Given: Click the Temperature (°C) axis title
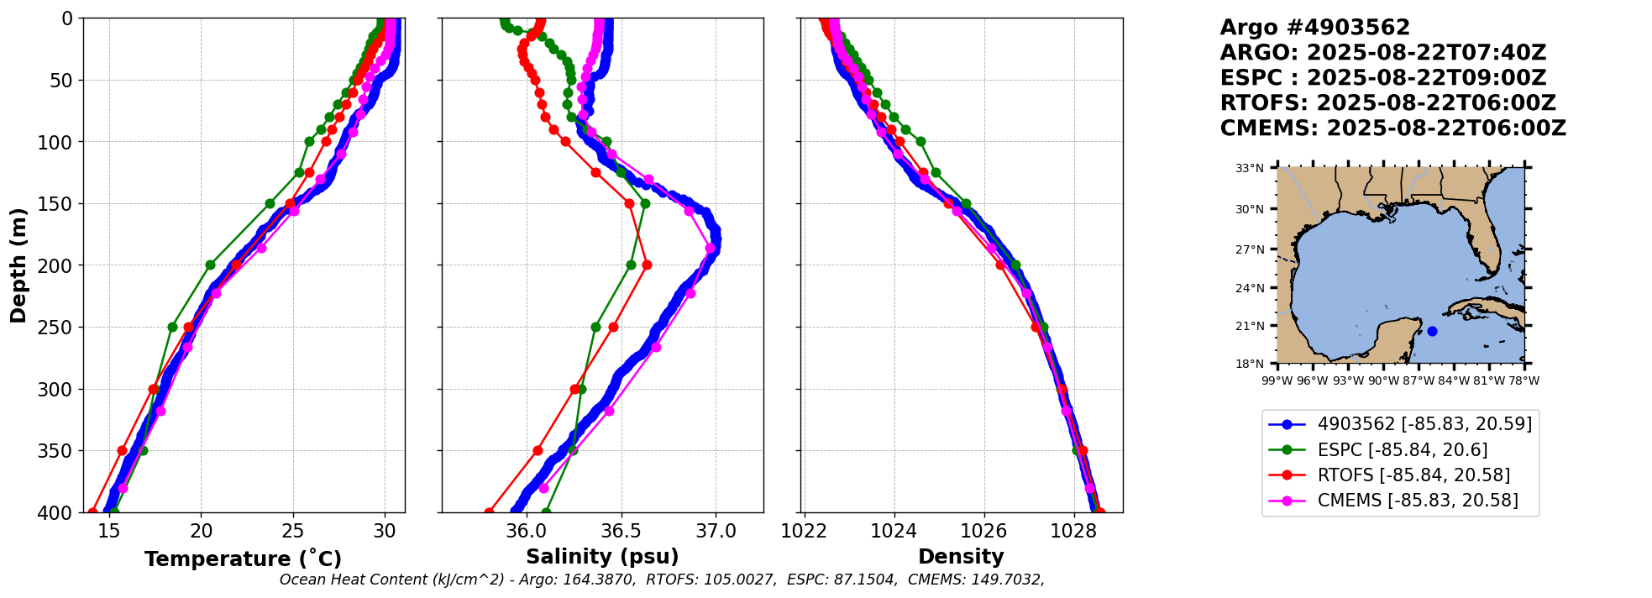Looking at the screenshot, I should (243, 559).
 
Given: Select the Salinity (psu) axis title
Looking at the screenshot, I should (602, 557).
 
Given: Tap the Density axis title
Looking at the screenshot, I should (961, 557).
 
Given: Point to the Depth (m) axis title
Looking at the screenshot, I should (18, 265).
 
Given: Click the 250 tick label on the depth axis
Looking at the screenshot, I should (58, 328).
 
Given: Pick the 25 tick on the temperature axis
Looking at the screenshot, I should (293, 531).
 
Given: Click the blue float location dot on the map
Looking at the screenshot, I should (1432, 331).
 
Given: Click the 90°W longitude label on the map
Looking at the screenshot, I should (1383, 380).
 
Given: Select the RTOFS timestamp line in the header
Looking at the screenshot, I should (1387, 103).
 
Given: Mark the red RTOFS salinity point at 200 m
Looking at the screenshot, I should (647, 265).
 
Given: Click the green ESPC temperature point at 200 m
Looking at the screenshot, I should (210, 265).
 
